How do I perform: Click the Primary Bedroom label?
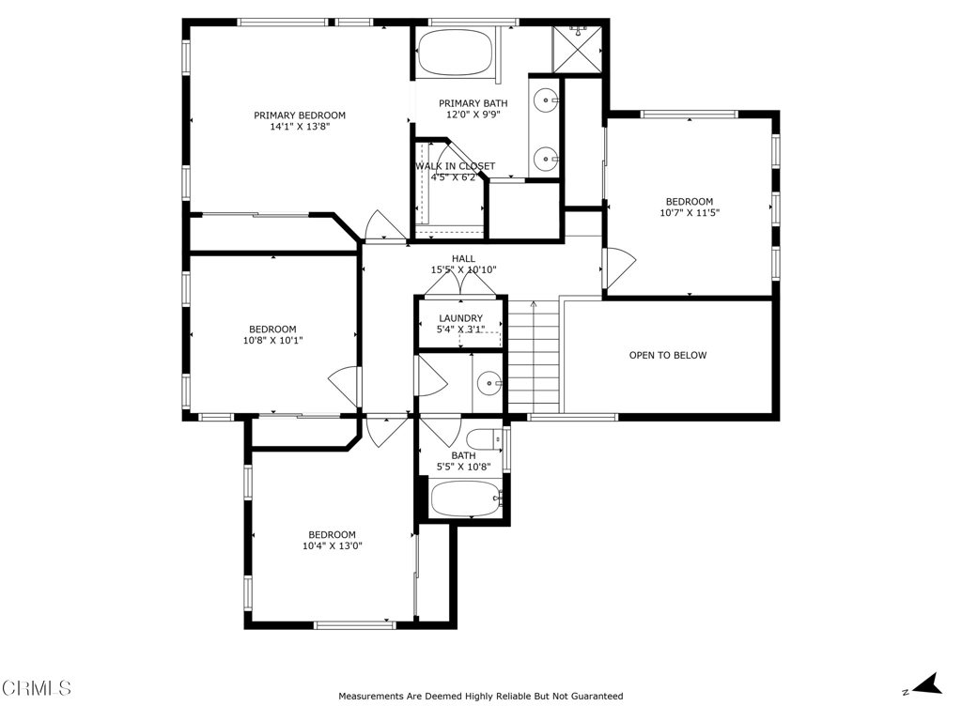point(300,115)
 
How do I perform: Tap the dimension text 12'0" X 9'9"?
point(473,115)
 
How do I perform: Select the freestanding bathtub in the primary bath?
point(455,52)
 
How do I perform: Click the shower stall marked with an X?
point(578,50)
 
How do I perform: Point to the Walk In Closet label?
point(455,166)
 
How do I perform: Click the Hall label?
point(463,259)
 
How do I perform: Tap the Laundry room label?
point(460,318)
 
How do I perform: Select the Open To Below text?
point(668,355)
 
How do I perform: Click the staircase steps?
point(534,356)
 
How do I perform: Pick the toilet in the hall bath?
point(485,439)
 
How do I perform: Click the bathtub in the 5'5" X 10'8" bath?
point(466,499)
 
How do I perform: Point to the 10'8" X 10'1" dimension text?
point(273,340)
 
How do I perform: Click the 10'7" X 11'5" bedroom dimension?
point(690,213)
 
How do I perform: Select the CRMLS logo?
point(37,688)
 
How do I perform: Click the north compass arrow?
point(927,684)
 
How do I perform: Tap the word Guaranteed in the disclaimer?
point(597,696)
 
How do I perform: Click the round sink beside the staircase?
point(489,384)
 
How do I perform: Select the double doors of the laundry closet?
point(460,283)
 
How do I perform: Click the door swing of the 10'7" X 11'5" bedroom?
point(621,268)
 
